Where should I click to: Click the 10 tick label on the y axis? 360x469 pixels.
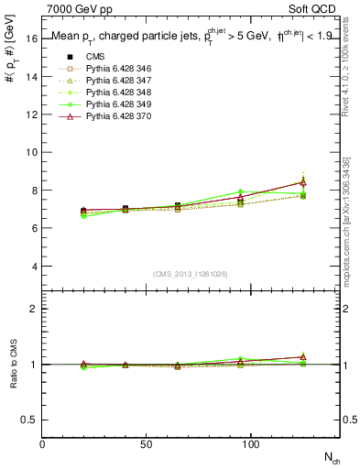[31, 153]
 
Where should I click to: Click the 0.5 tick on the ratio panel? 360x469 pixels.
[29, 420]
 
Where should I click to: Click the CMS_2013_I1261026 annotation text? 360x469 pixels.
[191, 274]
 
